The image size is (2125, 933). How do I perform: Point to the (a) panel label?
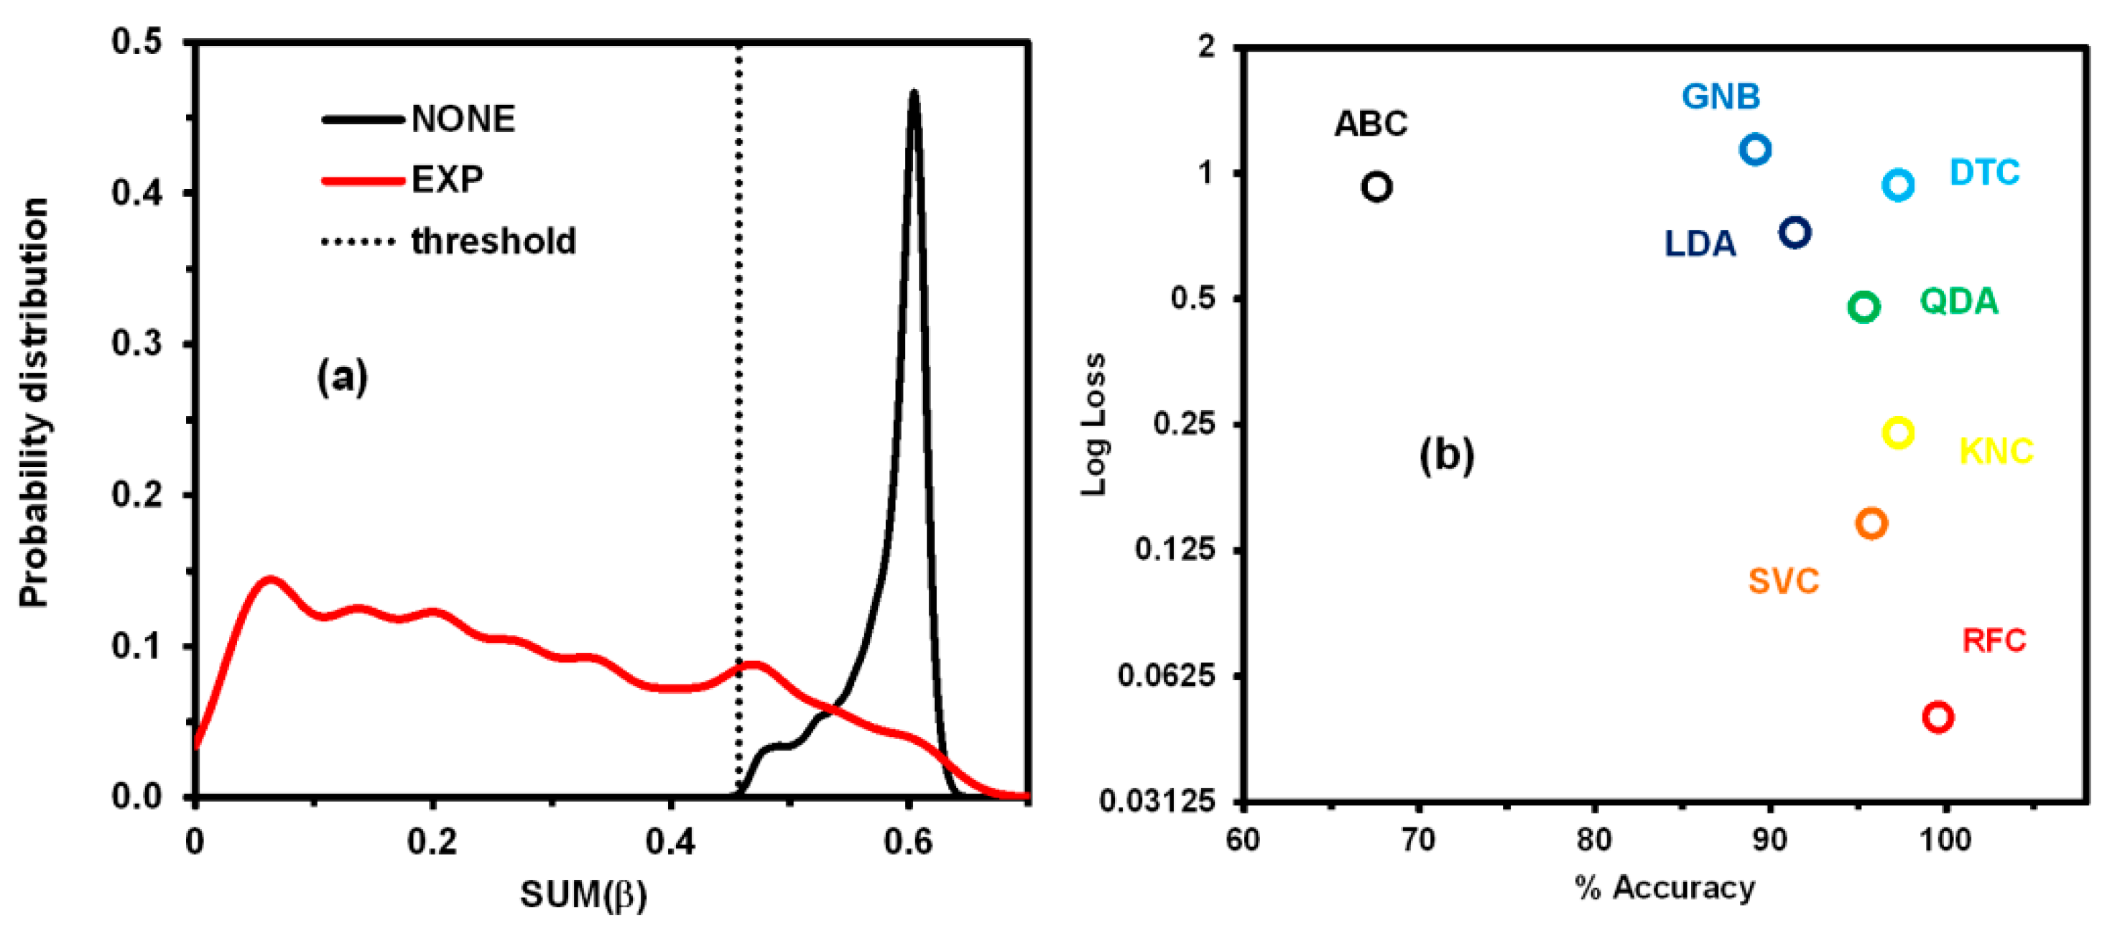(x=343, y=378)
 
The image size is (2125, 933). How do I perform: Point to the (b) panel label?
(x=1446, y=455)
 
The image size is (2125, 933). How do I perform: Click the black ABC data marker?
(x=1376, y=187)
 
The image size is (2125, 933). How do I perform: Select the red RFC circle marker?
(x=1937, y=716)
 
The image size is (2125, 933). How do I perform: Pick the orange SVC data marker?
(x=1871, y=523)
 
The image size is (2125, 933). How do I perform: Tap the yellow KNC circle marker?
(x=1898, y=432)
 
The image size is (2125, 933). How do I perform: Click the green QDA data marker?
(x=1864, y=307)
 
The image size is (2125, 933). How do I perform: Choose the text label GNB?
(x=1721, y=98)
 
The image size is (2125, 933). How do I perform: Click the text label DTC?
(x=1984, y=173)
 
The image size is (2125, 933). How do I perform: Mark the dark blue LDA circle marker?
(x=1795, y=233)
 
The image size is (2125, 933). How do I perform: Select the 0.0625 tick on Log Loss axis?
(x=1167, y=676)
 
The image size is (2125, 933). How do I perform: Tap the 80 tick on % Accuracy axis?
(x=1593, y=840)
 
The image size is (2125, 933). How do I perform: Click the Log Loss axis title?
(x=1094, y=424)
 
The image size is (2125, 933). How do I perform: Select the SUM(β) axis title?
(x=583, y=894)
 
